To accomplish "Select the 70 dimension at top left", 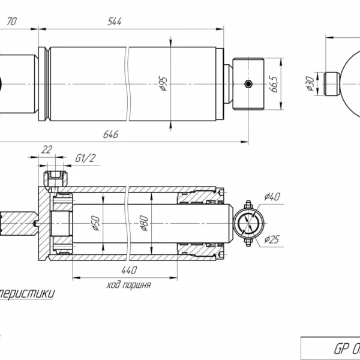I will coord(11,22).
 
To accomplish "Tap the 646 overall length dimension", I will coord(110,135).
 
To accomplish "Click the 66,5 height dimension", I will coord(274,83).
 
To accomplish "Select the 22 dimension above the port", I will coord(46,149).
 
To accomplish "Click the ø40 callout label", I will coord(271,196).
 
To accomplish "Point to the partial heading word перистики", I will coord(27,294).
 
